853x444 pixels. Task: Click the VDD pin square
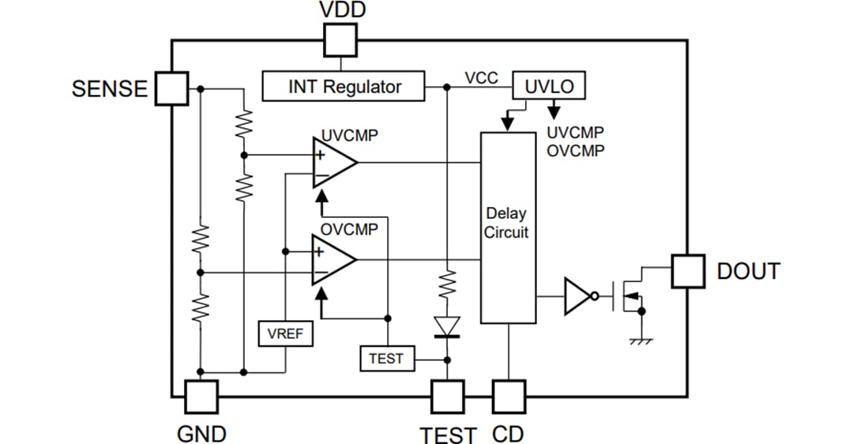340,40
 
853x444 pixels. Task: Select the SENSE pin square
171,88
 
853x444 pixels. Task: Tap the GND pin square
201,397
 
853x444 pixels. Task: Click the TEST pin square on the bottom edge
448,397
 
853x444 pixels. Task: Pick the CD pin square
508,397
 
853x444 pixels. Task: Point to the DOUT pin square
687,271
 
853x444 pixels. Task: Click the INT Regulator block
344,87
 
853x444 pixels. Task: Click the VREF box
285,334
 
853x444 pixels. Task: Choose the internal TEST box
386,359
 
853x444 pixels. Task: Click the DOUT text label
748,271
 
